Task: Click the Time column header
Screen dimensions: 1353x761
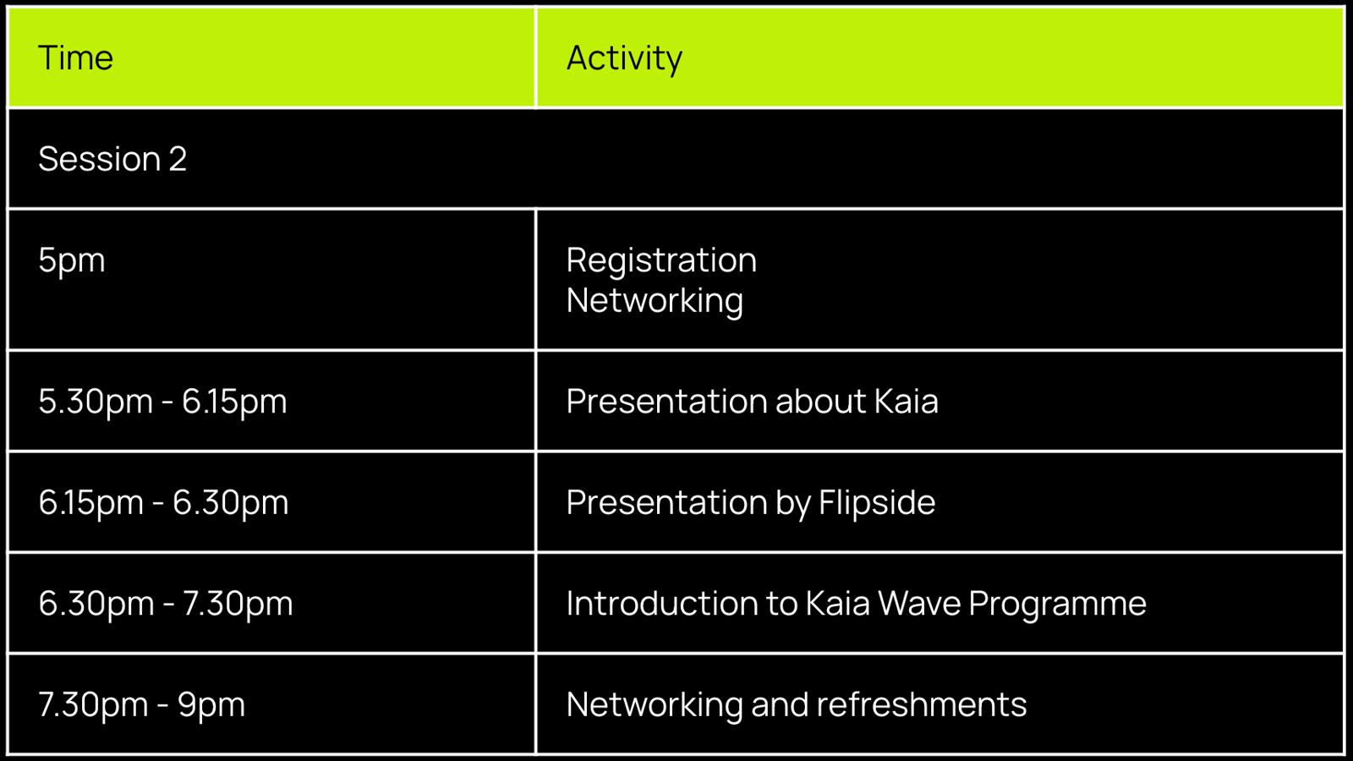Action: click(75, 58)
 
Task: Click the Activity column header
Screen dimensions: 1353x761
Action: click(625, 59)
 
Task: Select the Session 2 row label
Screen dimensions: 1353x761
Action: click(112, 159)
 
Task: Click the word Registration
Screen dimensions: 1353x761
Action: click(661, 261)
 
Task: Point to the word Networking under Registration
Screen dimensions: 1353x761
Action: click(655, 301)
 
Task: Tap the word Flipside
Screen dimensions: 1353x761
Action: click(876, 502)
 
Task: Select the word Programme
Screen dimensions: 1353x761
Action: click(1058, 604)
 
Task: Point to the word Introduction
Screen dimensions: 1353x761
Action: click(661, 604)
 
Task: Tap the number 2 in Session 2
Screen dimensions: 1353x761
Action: click(178, 159)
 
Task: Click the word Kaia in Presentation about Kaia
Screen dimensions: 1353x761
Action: click(907, 401)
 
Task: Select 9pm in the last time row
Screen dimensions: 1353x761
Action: click(211, 705)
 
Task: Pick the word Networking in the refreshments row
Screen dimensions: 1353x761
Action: click(655, 705)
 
